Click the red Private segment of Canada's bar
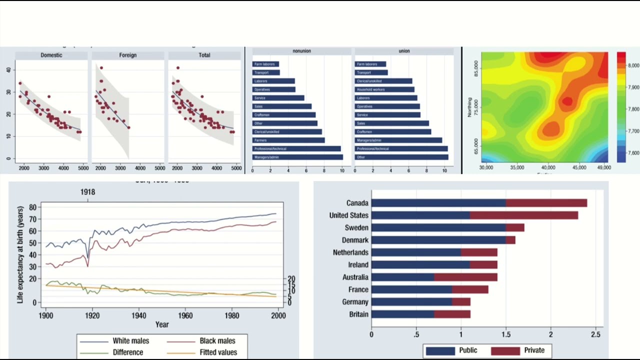point(546,203)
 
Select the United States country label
point(348,215)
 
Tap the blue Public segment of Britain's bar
point(402,314)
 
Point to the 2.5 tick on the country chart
point(595,334)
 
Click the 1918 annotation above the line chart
point(87,192)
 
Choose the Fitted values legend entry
point(218,352)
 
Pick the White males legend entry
point(130,341)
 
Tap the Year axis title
point(161,324)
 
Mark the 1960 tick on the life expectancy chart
point(185,315)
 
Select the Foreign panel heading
point(127,55)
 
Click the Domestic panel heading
point(51,55)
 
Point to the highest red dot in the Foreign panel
point(101,68)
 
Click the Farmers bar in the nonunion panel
point(288,140)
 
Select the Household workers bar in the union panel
point(384,89)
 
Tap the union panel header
point(404,51)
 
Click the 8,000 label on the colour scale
point(633,65)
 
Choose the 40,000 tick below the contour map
point(548,167)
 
